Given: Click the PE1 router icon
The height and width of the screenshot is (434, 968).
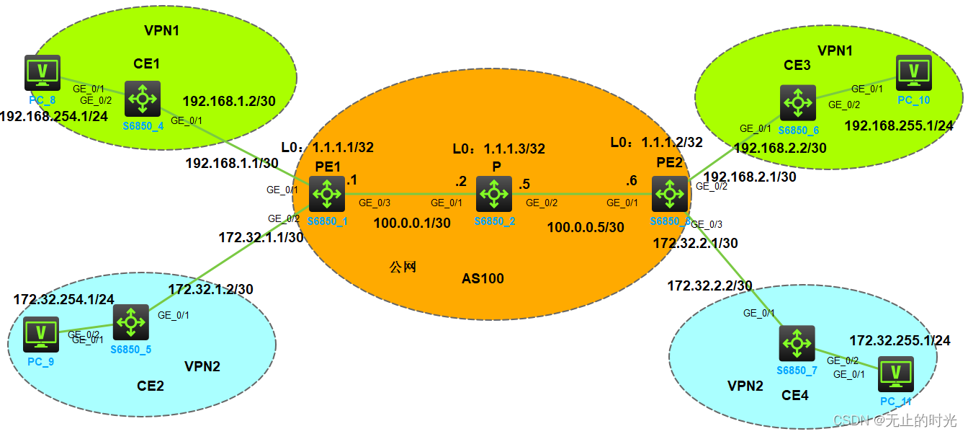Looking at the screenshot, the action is pos(328,194).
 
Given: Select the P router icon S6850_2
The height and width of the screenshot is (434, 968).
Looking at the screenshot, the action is pos(494,194).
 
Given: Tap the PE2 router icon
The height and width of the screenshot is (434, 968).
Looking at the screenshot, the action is pos(669,194).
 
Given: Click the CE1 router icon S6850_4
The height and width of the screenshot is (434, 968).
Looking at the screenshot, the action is pos(142,99).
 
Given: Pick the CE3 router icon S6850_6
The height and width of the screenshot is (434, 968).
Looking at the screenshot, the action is pos(798,102).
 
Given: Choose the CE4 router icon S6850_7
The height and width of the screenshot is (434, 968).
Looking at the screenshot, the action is pos(797,343).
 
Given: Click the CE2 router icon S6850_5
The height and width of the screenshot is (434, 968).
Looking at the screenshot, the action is pos(131,322).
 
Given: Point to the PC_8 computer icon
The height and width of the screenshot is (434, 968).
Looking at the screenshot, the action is pos(42,72).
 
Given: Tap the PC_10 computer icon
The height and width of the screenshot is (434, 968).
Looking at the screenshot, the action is pos(914,72).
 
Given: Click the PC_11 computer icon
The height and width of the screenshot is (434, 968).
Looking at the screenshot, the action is pos(895,373).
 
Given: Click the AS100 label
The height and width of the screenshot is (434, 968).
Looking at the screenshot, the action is pos(483,278).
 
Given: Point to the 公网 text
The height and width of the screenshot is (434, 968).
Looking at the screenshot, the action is pos(403,267).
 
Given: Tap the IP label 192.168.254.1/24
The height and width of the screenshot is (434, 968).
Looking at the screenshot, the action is pos(53,116).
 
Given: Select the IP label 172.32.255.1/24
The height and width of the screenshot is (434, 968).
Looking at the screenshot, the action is pos(900,340).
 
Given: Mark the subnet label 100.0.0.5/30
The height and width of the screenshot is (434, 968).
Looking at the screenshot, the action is pos(585,227).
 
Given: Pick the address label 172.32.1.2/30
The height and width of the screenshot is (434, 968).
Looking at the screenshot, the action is pos(210,289).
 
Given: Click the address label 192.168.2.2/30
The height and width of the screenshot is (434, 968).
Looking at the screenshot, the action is pos(780,148).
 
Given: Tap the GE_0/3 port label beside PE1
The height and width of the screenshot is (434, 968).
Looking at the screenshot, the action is pos(375,203).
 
